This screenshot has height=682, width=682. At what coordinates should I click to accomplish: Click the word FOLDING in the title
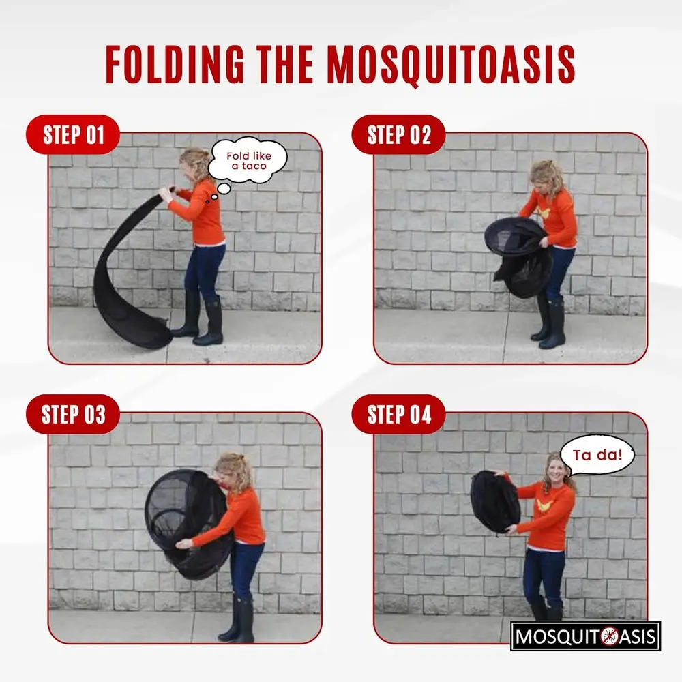[x=175, y=64]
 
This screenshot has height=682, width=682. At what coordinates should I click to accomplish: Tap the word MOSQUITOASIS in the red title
[x=451, y=65]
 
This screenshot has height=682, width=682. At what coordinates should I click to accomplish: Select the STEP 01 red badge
[x=73, y=135]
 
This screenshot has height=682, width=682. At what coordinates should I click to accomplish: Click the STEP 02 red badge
[x=398, y=135]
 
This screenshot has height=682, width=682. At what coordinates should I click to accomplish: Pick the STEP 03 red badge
[x=73, y=414]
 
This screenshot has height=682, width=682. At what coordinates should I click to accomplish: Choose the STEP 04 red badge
[x=398, y=414]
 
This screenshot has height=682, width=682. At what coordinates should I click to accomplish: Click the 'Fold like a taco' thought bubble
[x=248, y=160]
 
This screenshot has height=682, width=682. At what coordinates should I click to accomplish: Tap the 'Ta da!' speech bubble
[x=597, y=455]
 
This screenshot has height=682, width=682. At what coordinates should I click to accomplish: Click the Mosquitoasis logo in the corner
[x=585, y=636]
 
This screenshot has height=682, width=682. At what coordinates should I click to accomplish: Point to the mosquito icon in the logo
[x=610, y=636]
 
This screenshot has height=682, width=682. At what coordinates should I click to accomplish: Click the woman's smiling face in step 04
[x=557, y=469]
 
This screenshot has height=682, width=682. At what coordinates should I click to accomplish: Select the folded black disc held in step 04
[x=495, y=501]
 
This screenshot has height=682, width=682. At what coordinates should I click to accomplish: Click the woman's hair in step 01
[x=196, y=163]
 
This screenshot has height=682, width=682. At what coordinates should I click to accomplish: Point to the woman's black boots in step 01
[x=198, y=318]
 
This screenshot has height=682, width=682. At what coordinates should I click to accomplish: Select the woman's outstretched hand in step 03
[x=183, y=544]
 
